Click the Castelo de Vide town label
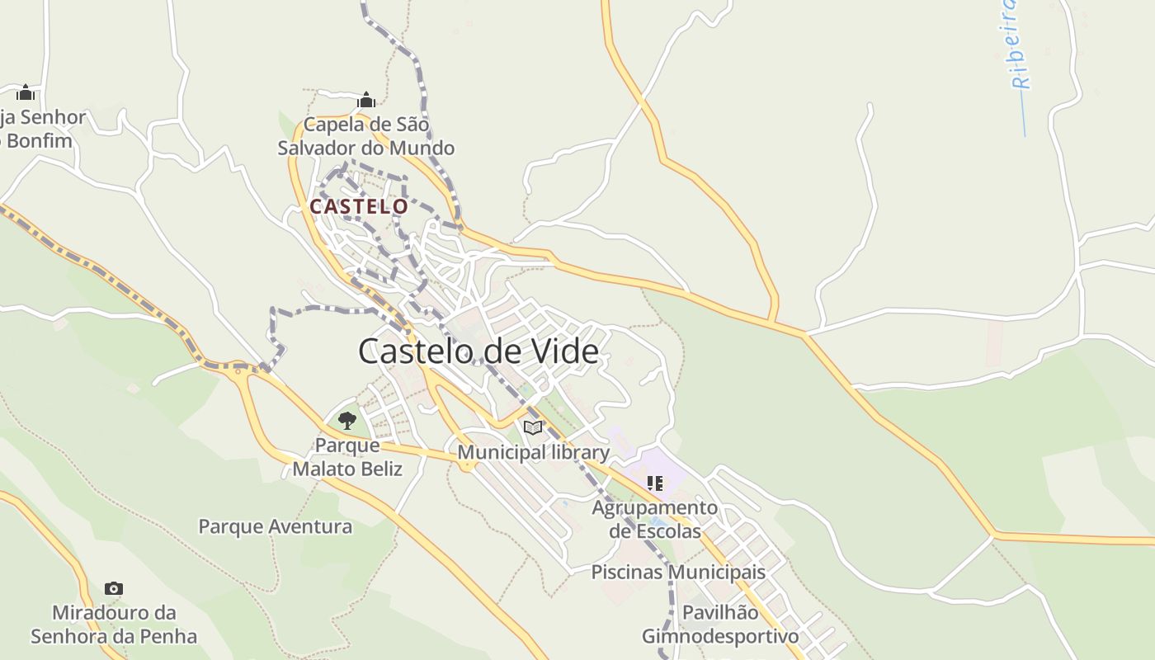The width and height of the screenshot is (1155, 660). tap(478, 351)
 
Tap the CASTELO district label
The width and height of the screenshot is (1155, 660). tap(359, 206)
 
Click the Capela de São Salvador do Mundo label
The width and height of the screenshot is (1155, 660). tap(366, 137)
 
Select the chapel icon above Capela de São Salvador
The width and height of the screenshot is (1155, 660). tap(366, 101)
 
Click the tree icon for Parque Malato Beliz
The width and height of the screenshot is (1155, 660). tap(347, 421)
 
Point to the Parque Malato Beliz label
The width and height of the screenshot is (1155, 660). tap(347, 457)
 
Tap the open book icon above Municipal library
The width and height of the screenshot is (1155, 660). tap(533, 427)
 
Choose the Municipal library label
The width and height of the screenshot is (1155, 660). tap(533, 452)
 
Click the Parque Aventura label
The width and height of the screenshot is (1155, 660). tap(275, 526)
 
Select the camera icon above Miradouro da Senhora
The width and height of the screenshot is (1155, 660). tap(114, 588)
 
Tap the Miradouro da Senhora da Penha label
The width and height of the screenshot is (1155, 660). tap(114, 625)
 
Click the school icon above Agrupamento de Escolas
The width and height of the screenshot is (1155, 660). tap(655, 483)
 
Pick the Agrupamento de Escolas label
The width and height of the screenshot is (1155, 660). tap(655, 519)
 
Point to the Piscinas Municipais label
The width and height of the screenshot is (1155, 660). tap(678, 572)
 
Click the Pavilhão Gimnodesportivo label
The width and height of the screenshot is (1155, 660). tap(720, 625)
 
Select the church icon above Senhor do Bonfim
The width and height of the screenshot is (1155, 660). tap(26, 92)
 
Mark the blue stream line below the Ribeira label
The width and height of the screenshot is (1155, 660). tap(1024, 115)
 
